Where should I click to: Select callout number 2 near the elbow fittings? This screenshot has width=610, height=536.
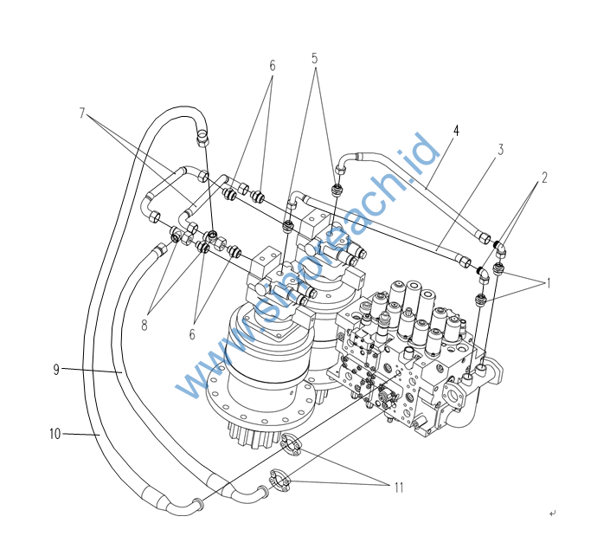545,178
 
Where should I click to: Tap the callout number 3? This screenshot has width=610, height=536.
500,150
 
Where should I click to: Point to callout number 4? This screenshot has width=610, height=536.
456,131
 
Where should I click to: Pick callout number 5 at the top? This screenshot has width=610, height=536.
315,58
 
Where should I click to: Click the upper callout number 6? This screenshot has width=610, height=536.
272,65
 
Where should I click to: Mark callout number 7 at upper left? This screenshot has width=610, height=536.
84,113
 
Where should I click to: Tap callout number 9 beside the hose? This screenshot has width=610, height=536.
55,370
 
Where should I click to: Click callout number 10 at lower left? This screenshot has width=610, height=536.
55,434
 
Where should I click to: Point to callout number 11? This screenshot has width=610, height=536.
399,488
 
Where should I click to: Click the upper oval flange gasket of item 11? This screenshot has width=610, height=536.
292,445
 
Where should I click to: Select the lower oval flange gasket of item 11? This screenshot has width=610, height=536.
281,477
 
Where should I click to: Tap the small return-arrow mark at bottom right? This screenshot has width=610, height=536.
552,513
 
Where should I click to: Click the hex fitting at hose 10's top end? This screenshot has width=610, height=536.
202,135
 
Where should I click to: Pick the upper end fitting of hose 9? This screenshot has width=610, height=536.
158,252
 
